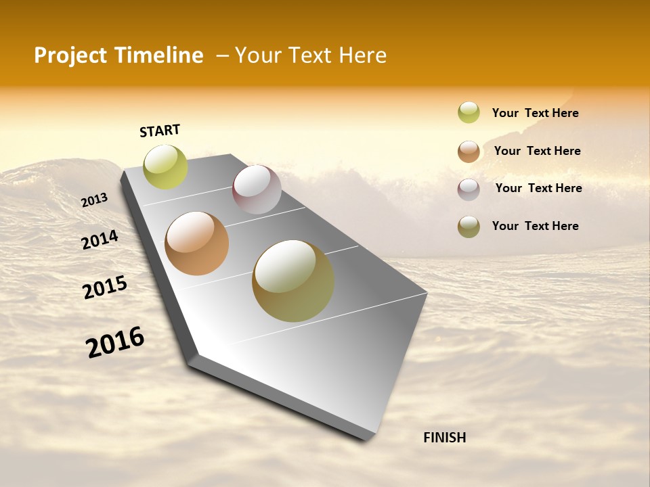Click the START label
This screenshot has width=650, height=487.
[160, 131]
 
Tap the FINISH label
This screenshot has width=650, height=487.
[444, 438]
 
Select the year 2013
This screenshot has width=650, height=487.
[94, 200]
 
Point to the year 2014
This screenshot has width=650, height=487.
[100, 240]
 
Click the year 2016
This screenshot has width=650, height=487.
[115, 342]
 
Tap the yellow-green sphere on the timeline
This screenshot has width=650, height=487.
[165, 166]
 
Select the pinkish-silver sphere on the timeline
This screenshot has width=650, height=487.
[257, 189]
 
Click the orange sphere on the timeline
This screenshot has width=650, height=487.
[196, 243]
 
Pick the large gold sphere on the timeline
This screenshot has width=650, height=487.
[293, 281]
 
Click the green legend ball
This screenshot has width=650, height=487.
[469, 113]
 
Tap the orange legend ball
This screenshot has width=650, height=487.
[469, 152]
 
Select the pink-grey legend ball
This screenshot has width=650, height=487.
[469, 189]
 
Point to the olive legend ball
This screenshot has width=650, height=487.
[469, 227]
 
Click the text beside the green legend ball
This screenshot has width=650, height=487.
[535, 113]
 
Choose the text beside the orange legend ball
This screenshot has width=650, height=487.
[537, 151]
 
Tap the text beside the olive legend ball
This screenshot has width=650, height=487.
[535, 226]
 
